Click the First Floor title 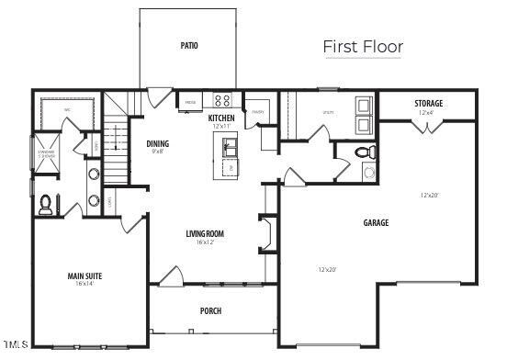(363, 46)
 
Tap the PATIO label (189, 45)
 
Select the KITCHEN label (222, 118)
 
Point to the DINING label (157, 143)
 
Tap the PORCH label (210, 310)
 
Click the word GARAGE (376, 222)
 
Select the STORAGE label (428, 104)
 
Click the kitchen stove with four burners (223, 100)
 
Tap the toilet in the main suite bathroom (46, 206)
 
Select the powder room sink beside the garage (368, 171)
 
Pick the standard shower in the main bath (46, 152)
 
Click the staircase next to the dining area (115, 152)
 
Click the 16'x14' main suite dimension (84, 284)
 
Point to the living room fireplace (266, 232)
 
